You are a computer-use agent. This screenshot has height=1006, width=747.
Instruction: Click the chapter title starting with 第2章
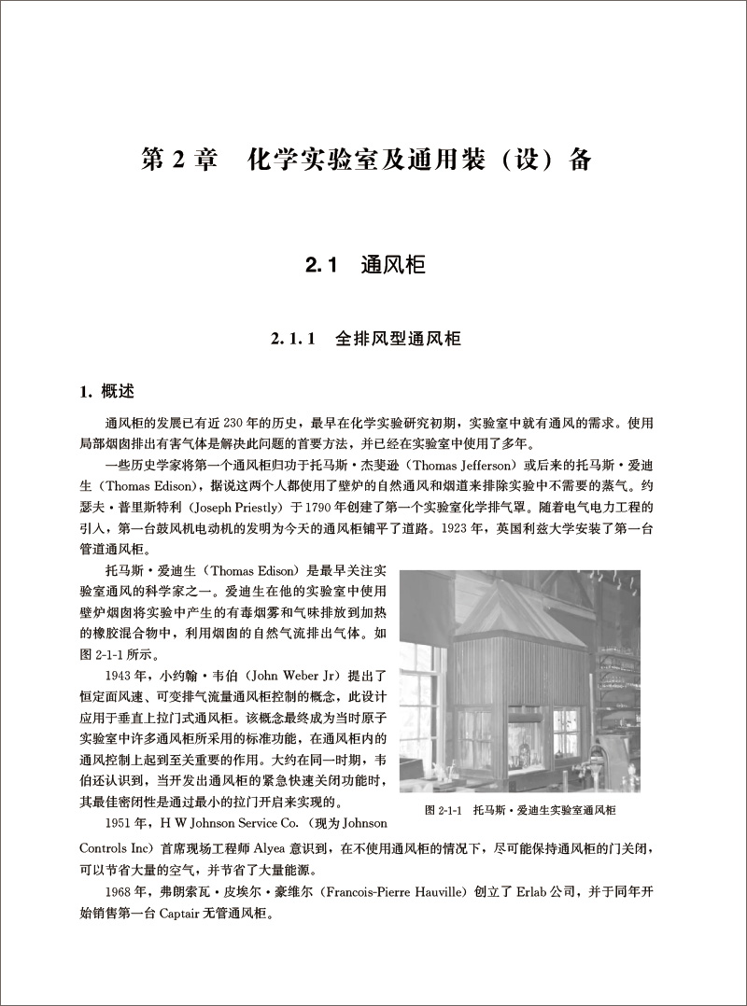tap(366, 160)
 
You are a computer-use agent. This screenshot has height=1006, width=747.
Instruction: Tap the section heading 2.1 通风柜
tap(365, 267)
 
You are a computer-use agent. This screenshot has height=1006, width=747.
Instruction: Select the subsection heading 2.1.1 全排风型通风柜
tap(367, 338)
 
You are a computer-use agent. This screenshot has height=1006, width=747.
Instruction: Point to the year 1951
tap(121, 824)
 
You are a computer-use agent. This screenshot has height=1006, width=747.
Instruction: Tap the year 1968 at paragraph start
tap(121, 893)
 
